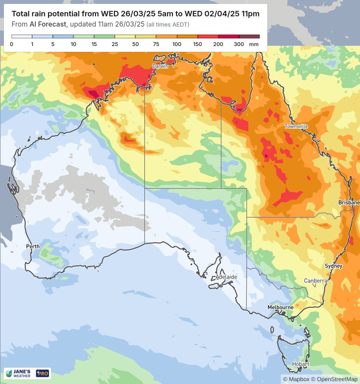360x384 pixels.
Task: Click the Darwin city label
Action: point(160,66)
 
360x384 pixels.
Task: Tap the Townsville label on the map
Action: point(296,126)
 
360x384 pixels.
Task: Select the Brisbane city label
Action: point(349,203)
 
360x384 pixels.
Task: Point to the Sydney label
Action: point(333,266)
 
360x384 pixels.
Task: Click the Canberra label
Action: point(316,281)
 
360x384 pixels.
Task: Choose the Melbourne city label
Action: point(280,307)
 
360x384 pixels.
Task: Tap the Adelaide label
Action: point(226,277)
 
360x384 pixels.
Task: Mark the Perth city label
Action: point(33,246)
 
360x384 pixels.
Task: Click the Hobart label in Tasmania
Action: point(300,364)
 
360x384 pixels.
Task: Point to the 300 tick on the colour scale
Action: point(239,44)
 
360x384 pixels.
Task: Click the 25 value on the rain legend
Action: point(115,44)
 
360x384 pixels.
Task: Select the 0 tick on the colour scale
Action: point(12,44)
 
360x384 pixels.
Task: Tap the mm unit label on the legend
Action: point(254,44)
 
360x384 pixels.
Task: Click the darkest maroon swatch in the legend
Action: point(249,36)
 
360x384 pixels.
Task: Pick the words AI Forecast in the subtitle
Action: point(48,24)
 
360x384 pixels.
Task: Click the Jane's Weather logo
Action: point(19,373)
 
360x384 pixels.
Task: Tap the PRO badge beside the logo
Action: point(43,373)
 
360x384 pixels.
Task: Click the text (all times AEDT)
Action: point(168,25)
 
